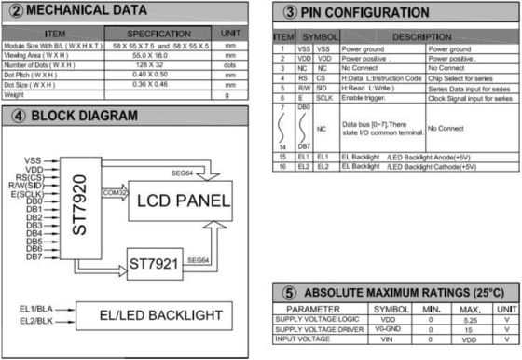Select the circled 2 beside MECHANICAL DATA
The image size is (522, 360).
[x=14, y=11]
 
